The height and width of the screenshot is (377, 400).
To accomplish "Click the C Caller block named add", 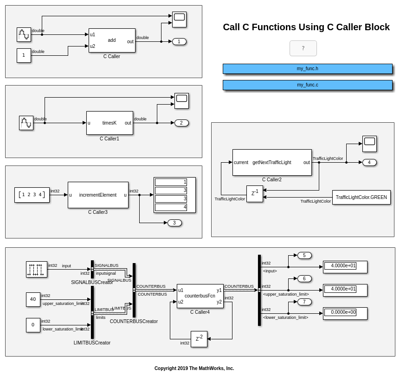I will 112,40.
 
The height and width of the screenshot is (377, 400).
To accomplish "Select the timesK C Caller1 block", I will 110,123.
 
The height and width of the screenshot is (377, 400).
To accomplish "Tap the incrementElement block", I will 98,195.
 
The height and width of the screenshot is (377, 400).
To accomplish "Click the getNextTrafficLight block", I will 272,162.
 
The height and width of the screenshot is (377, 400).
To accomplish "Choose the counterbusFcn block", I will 200,296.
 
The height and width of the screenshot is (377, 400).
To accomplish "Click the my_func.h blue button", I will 307,69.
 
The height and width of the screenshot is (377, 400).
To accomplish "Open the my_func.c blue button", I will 307,85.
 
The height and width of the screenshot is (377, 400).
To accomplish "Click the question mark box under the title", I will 303,48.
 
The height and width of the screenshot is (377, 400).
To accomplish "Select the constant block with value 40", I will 33,299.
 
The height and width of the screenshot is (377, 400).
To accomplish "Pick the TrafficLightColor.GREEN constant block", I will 361,197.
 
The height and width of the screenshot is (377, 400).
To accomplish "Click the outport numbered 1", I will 179,41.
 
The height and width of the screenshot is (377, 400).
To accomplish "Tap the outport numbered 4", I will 369,162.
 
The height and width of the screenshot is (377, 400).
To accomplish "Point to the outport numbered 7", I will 304,302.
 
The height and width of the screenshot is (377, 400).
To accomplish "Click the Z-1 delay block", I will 254,194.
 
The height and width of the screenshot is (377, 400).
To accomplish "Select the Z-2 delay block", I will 199,339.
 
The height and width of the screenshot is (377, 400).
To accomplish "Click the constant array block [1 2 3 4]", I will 32,195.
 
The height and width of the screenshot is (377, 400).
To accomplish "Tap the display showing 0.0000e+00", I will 345,313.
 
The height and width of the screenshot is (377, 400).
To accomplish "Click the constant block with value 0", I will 33,325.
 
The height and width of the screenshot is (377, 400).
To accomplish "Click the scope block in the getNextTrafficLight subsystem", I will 369,144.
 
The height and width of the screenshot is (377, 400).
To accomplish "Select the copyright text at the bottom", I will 194,368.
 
